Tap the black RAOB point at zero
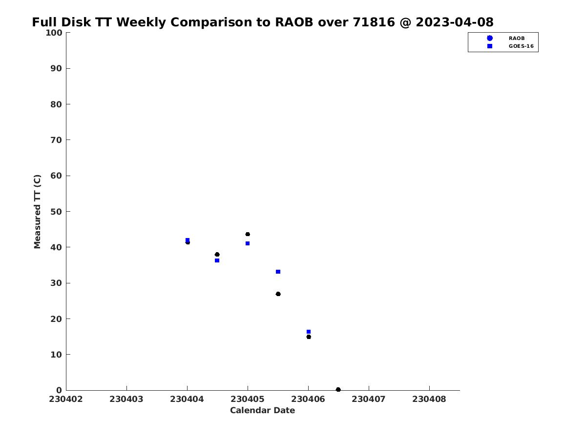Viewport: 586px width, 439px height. click(338, 390)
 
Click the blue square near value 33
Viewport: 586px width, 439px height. click(278, 272)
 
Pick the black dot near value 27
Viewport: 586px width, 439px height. click(278, 294)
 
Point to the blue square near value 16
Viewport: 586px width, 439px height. click(308, 332)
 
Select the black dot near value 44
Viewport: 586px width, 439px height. click(248, 234)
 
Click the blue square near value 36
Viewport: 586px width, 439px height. click(217, 260)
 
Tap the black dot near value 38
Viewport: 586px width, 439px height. click(217, 255)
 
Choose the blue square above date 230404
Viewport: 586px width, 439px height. click(188, 240)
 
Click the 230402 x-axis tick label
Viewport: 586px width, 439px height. click(65, 399)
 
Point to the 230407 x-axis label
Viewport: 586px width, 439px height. click(368, 399)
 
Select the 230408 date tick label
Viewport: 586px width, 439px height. click(429, 399)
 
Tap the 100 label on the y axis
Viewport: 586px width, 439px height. click(54, 33)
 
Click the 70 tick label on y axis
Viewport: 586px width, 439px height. click(56, 140)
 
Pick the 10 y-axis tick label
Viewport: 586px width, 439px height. click(56, 355)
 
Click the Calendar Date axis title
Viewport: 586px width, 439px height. click(262, 411)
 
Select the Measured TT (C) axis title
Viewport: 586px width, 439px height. click(38, 212)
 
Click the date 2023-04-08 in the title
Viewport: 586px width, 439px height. click(454, 22)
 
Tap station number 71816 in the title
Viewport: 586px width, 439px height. click(374, 22)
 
